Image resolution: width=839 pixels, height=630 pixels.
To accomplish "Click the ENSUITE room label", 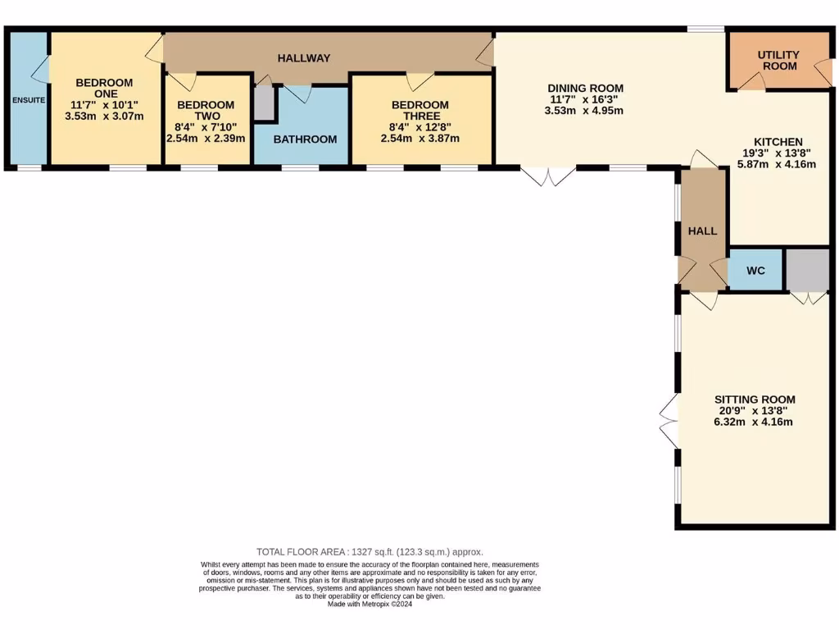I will pyautogui.click(x=29, y=100).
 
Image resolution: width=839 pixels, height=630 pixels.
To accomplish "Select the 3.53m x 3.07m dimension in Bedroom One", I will pyautogui.click(x=104, y=116).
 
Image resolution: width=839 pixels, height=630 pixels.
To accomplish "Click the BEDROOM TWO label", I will pyautogui.click(x=206, y=111).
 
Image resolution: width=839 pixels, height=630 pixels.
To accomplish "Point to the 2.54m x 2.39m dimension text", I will pyautogui.click(x=206, y=139).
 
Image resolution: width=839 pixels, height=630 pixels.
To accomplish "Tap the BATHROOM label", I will pyautogui.click(x=305, y=139).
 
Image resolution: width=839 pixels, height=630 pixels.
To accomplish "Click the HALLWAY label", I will pyautogui.click(x=304, y=58).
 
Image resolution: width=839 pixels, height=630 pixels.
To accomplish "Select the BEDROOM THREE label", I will pyautogui.click(x=420, y=111).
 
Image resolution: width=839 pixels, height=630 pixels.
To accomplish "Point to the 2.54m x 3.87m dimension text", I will pyautogui.click(x=420, y=139).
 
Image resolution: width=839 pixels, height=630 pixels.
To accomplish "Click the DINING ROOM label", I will pyautogui.click(x=585, y=89).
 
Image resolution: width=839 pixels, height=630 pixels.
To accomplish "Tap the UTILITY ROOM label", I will pyautogui.click(x=778, y=61).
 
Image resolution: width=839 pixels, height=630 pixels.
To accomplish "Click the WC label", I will pyautogui.click(x=755, y=270).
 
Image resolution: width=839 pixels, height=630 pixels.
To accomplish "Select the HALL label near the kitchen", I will pyautogui.click(x=702, y=231).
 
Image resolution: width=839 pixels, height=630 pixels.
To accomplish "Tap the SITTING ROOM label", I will pyautogui.click(x=753, y=399).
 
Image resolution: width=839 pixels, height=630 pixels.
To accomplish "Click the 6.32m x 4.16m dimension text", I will pyautogui.click(x=753, y=422).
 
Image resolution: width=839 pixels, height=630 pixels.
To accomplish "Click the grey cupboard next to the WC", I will pyautogui.click(x=808, y=269).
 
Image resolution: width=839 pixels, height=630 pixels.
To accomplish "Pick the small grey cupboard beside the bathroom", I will pyautogui.click(x=264, y=103).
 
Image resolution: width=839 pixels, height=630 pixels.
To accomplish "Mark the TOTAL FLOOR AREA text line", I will pyautogui.click(x=375, y=552).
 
